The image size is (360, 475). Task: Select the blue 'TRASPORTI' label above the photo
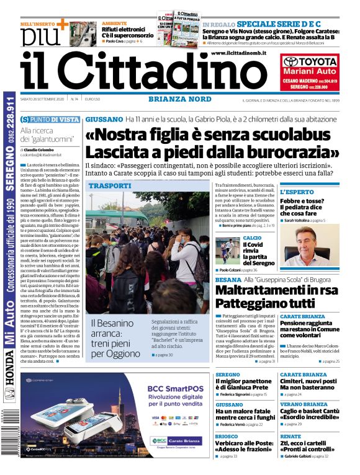click(x=110, y=185)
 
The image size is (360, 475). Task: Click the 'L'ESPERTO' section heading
click(x=297, y=192)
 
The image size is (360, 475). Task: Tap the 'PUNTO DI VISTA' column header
click(x=55, y=119)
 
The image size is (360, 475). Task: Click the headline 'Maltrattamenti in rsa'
click(x=268, y=290)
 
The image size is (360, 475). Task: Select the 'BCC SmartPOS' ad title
click(x=172, y=389)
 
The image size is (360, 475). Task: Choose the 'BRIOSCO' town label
click(x=227, y=436)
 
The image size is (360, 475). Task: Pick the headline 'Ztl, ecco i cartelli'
click(x=305, y=444)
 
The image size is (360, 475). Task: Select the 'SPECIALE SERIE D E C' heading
click(x=269, y=24)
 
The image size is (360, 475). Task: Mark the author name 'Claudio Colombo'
click(x=42, y=149)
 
